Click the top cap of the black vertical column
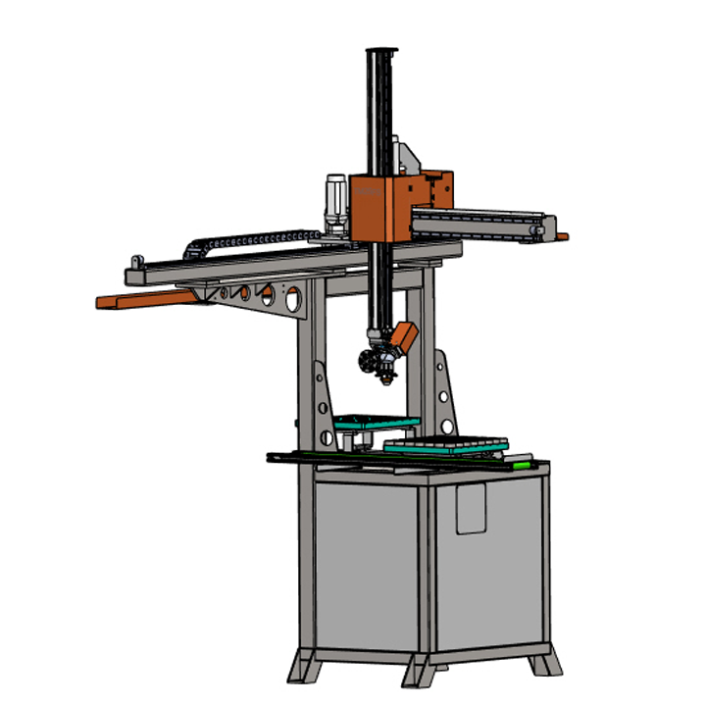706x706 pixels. click(x=380, y=51)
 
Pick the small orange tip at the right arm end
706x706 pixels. click(x=563, y=236)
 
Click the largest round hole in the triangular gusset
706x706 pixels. click(x=291, y=297)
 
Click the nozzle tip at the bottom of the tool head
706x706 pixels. click(x=389, y=377)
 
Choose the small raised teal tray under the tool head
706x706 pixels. click(x=377, y=423)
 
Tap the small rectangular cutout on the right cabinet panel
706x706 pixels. click(x=472, y=511)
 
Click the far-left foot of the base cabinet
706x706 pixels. click(x=303, y=671)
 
